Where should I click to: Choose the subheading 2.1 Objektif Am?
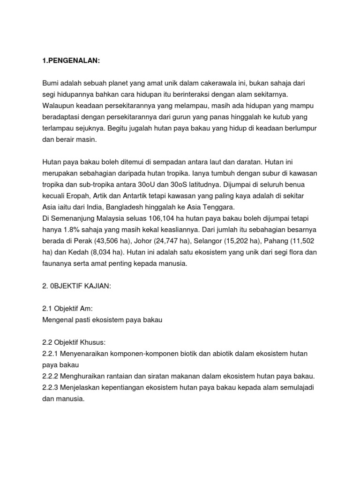pos(67,309)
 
